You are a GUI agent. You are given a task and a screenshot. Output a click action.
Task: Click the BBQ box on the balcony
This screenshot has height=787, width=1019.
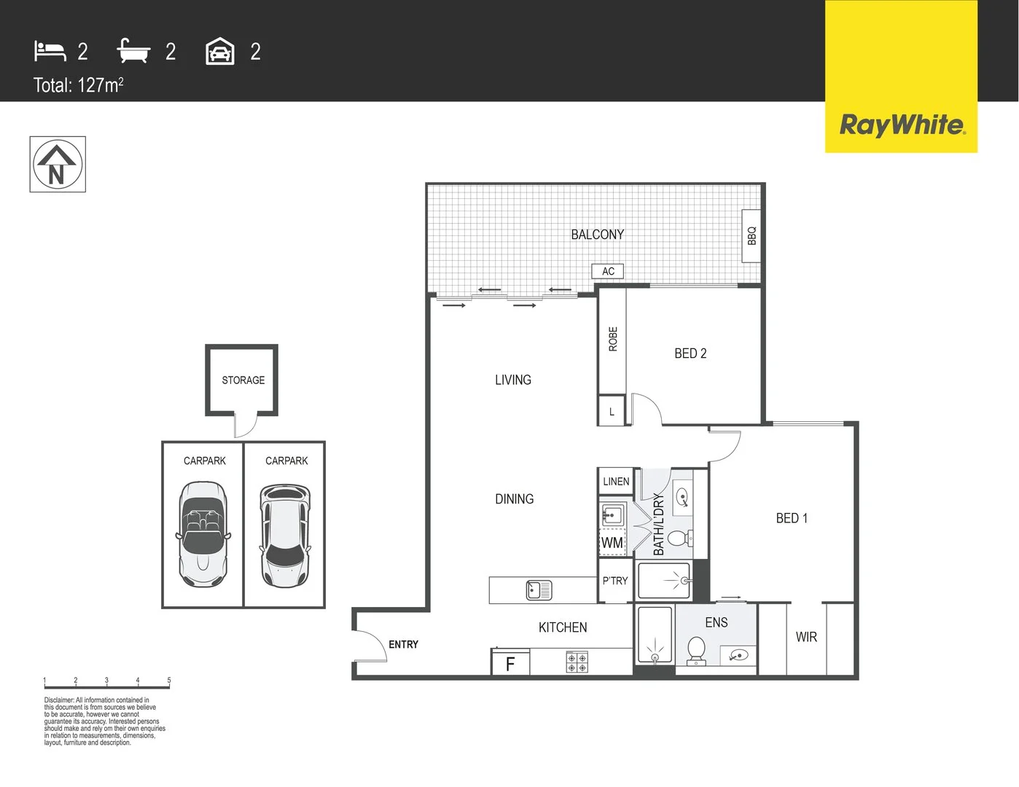point(751,236)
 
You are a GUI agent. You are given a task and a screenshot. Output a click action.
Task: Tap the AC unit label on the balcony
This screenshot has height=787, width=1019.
point(608,271)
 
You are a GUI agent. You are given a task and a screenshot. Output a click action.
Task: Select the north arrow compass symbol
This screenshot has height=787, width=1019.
point(58,165)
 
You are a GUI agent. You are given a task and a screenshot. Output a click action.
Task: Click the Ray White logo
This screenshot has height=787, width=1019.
point(902,125)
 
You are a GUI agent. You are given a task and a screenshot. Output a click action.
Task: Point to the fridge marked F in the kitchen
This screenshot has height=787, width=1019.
point(510,663)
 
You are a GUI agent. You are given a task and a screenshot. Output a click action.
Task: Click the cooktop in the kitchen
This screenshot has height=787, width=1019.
point(577,662)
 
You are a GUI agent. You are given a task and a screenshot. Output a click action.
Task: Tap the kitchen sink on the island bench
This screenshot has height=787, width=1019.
point(539,590)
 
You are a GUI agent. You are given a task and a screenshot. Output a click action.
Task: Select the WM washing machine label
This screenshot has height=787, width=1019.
point(612,543)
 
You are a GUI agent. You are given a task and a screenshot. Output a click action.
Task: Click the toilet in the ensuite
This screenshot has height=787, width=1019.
point(696,651)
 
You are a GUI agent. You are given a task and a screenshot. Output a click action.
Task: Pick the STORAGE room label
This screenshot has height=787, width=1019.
point(243,380)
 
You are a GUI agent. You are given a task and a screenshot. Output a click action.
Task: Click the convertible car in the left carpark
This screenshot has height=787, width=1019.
point(203,534)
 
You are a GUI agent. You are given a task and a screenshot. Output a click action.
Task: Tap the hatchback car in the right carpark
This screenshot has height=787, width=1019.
point(285,536)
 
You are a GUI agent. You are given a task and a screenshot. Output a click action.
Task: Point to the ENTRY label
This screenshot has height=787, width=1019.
point(403,644)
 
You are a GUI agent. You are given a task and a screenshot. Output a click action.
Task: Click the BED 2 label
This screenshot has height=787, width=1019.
point(690,353)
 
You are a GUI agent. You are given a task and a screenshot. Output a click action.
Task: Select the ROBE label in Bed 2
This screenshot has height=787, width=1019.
point(612,339)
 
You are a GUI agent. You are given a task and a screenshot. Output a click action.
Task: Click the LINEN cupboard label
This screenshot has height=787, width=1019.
point(616,482)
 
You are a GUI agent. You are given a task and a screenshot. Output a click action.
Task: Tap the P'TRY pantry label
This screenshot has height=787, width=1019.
point(614,581)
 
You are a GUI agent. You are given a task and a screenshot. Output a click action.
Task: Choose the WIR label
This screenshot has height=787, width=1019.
point(806,637)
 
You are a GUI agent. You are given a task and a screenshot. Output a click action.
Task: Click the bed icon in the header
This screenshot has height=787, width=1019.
point(50,51)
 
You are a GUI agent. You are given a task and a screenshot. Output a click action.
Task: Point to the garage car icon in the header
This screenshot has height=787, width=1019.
point(220,52)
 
